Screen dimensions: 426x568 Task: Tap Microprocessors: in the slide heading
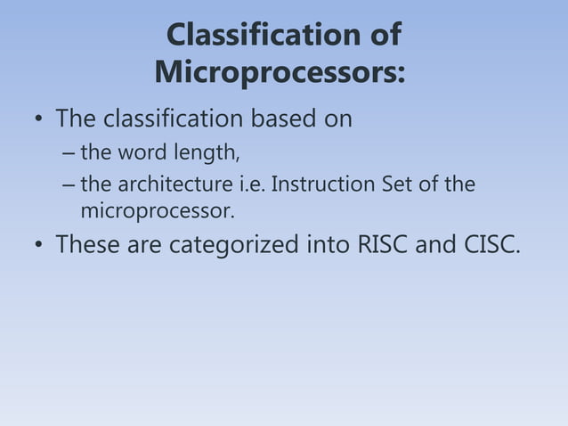click(280, 71)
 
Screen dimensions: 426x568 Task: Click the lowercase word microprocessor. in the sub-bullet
click(158, 212)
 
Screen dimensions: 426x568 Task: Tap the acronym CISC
click(490, 244)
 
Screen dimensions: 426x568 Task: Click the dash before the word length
click(69, 154)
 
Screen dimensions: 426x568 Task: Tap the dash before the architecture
click(69, 185)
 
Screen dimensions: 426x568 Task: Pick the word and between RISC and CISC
click(435, 244)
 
